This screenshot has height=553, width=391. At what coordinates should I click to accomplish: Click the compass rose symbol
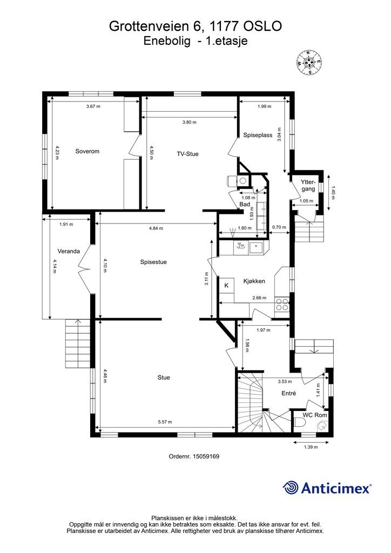coord(308,63)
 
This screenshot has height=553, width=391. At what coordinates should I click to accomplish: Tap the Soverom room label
coord(87,151)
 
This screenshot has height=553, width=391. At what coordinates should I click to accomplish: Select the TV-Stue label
coord(187,154)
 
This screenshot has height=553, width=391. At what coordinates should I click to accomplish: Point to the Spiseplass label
coord(258,135)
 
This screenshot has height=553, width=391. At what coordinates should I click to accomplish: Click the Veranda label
coord(69,251)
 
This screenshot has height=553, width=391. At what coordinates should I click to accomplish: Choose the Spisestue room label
coord(153,262)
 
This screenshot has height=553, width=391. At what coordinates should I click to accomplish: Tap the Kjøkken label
coord(254,281)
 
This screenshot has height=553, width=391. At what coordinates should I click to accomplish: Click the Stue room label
coord(164,377)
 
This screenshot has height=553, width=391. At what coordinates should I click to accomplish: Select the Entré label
coord(289,393)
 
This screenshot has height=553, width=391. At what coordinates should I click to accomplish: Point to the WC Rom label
coord(315,415)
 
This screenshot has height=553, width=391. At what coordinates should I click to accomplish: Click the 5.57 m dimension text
coord(165,422)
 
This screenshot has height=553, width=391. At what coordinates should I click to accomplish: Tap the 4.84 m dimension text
coord(156,228)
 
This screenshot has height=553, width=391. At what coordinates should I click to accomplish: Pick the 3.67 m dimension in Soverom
coord(93,106)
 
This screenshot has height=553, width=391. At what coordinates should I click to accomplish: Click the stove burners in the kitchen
coord(282,305)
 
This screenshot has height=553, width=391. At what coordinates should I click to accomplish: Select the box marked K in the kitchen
coord(227,285)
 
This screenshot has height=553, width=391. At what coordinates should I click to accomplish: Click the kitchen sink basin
coord(256,248)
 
